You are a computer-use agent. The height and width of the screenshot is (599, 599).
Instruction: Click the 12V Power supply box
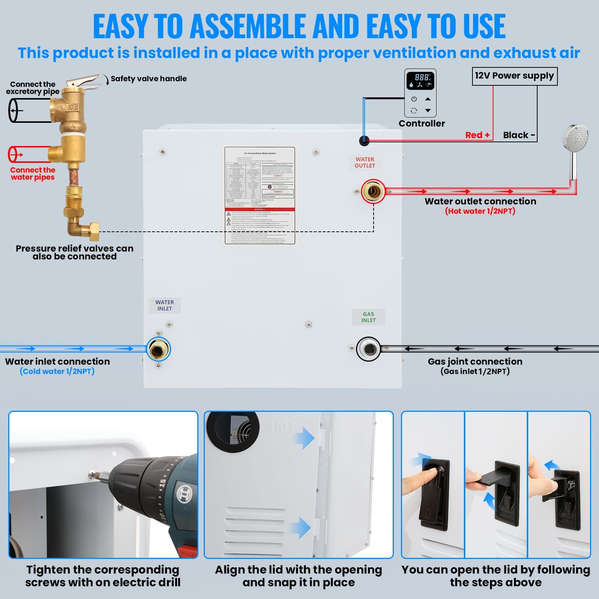point(514,76)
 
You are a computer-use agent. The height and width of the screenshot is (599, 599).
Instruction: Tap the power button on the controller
point(414,99)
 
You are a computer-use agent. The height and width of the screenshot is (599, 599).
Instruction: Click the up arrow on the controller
point(428,99)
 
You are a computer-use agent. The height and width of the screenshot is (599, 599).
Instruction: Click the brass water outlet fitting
point(373,192)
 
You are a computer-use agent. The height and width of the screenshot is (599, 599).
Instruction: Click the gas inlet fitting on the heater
point(368,349)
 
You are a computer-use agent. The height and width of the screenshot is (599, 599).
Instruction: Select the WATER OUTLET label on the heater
point(365,162)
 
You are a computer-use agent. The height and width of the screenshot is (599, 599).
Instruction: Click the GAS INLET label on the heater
point(368,317)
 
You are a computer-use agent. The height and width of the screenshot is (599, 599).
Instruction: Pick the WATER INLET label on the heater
point(165,305)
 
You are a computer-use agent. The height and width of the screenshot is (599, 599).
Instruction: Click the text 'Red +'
point(477,135)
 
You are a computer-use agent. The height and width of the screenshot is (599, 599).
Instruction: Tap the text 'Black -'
point(519,135)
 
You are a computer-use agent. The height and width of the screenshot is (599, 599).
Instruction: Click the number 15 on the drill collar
point(162,483)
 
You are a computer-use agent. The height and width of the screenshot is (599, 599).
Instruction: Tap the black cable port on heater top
point(364,141)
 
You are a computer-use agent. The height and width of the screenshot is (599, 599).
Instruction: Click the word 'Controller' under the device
point(422,124)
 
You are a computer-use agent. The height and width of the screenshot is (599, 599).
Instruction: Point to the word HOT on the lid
point(283,427)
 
